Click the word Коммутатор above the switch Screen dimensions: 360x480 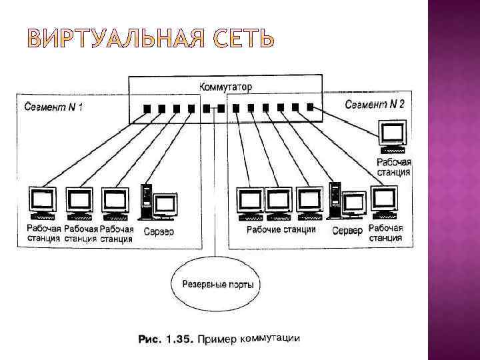(x=225, y=87)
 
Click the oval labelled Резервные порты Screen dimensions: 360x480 (x=213, y=284)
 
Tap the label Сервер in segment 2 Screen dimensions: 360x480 (x=347, y=231)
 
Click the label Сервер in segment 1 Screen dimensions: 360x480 (x=158, y=231)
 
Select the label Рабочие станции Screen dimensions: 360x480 (x=281, y=230)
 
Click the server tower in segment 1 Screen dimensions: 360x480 (x=147, y=200)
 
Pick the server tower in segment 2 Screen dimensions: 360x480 (x=335, y=199)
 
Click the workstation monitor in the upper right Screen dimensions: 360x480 (x=391, y=133)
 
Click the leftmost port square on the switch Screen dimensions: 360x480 (x=146, y=109)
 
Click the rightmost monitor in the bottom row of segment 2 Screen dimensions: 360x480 (x=385, y=200)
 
